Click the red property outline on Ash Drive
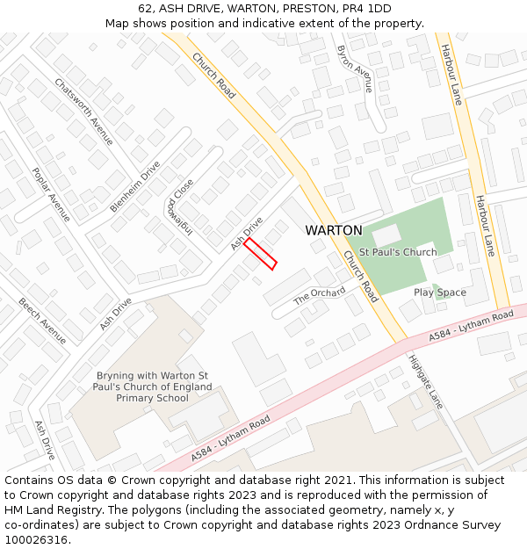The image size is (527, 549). tap(260, 254)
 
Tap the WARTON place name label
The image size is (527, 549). tap(333, 230)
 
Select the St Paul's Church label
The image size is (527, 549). tap(397, 252)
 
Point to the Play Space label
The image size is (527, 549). tap(439, 293)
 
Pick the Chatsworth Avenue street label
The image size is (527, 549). tap(83, 112)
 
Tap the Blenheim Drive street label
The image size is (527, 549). tap(135, 186)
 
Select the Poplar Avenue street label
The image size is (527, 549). tap(51, 194)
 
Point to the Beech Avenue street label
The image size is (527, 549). tap(42, 321)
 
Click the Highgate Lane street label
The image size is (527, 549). tap(425, 380)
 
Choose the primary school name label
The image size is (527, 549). tap(153, 386)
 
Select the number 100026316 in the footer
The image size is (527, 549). tap(37, 540)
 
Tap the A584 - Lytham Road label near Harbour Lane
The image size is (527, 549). tap(471, 327)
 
